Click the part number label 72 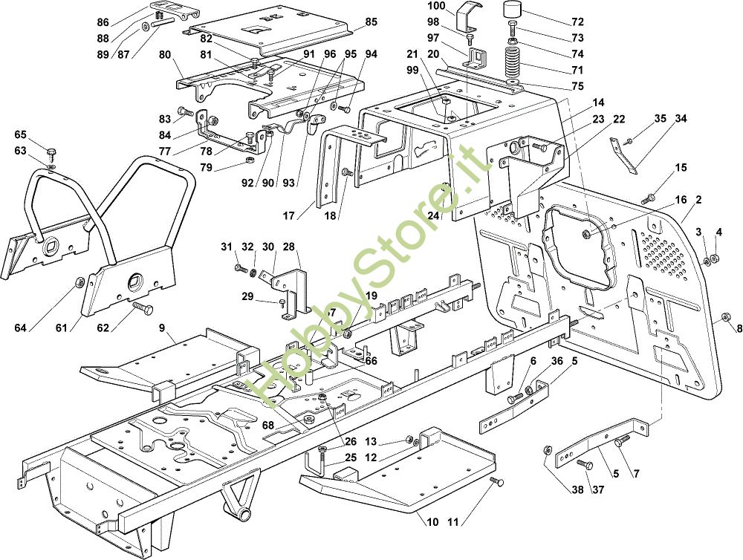[577, 22]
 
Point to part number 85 [371, 22]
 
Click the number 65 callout [20, 134]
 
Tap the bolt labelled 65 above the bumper [51, 154]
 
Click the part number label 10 [432, 521]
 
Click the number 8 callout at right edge [739, 328]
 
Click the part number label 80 [165, 54]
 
